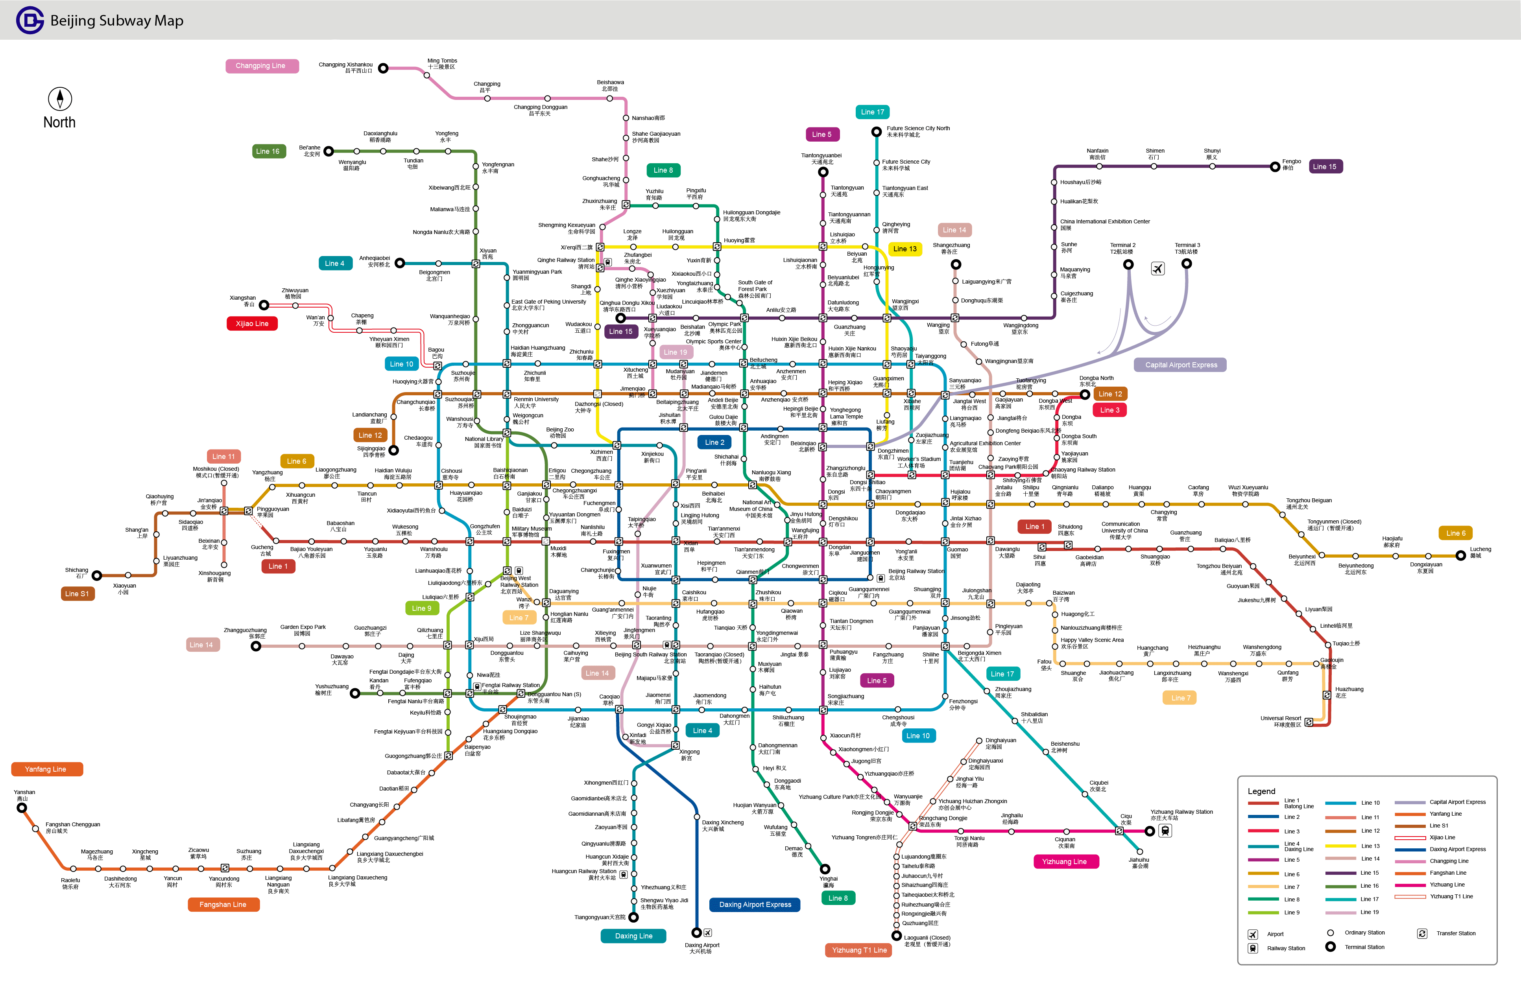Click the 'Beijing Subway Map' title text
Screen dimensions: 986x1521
tap(116, 20)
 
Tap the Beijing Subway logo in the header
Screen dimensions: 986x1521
tap(30, 20)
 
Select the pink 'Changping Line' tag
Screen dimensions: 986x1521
tap(261, 66)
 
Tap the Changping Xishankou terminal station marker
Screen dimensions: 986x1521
tap(384, 68)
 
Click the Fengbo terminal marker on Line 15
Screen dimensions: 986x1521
tap(1275, 167)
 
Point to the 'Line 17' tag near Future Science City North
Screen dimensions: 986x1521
tap(872, 112)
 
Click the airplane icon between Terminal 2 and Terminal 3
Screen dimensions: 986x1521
tap(1157, 268)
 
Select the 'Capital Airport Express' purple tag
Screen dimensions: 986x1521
tap(1180, 365)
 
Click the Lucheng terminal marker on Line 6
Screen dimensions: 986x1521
tap(1460, 555)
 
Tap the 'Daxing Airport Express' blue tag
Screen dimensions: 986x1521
tap(755, 904)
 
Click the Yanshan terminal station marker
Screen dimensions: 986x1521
tap(22, 808)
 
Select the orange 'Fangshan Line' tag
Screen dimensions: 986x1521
tap(223, 904)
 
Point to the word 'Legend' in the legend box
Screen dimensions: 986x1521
tap(1261, 791)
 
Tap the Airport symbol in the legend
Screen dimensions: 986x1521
tap(1253, 934)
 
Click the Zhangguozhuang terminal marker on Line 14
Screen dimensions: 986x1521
tap(256, 646)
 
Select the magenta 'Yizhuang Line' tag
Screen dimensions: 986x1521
tap(1064, 861)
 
